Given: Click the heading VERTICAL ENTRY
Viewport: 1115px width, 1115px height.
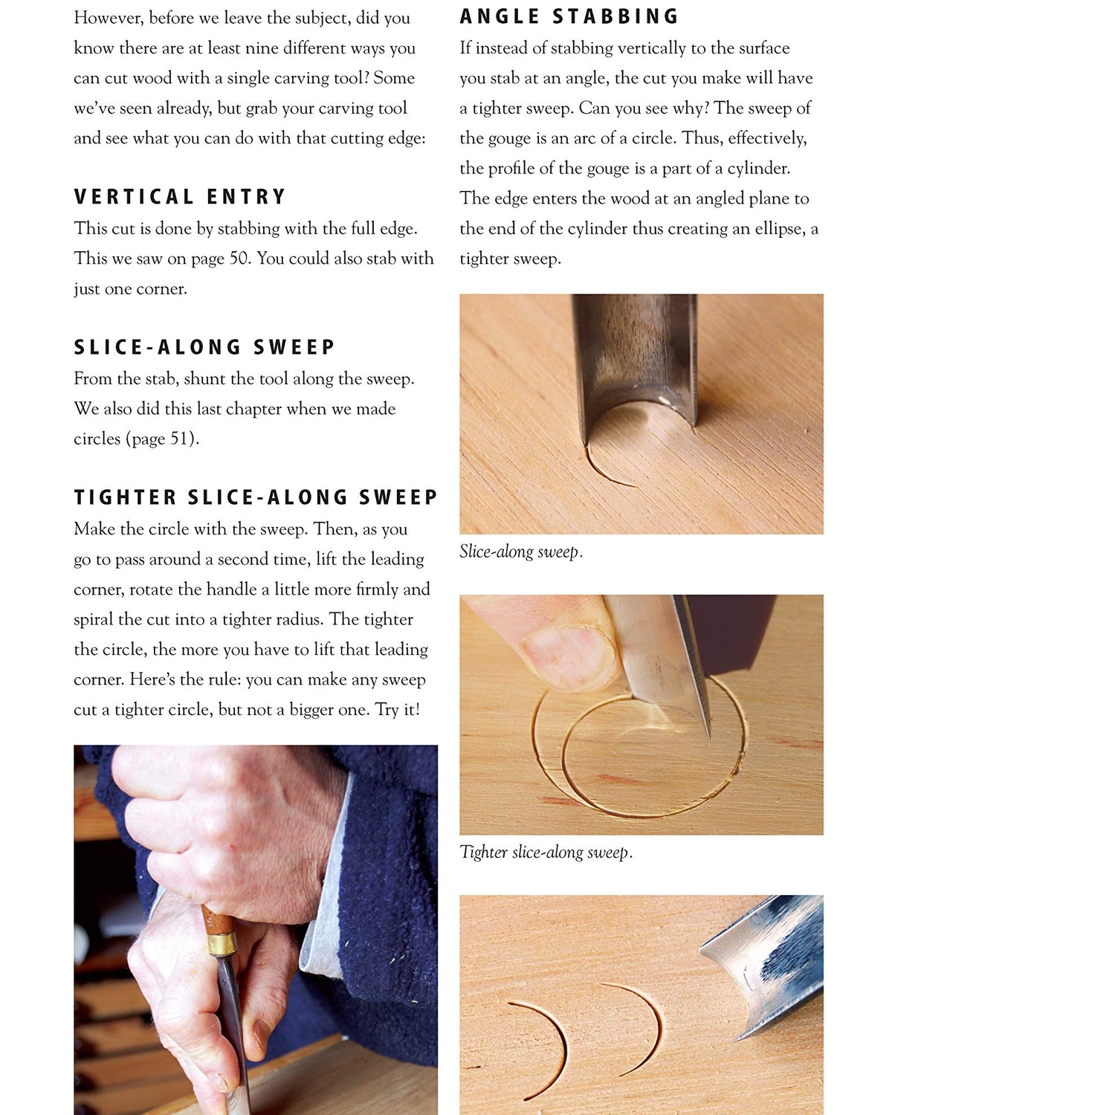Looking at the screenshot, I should click(x=180, y=197).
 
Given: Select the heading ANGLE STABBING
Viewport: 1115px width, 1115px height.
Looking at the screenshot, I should click(x=569, y=16).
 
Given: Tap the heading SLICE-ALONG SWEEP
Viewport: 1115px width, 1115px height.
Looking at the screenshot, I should click(x=204, y=347).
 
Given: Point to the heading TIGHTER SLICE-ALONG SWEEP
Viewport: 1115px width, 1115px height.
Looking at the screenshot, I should click(x=256, y=497).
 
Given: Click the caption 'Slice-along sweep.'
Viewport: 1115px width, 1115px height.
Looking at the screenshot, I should click(x=520, y=552).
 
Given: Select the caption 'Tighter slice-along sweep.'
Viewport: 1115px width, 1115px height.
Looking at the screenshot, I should click(x=546, y=852).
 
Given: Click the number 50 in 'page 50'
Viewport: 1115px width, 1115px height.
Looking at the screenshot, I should click(x=239, y=259).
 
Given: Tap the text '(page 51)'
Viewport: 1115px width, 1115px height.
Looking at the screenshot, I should click(x=162, y=439).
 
